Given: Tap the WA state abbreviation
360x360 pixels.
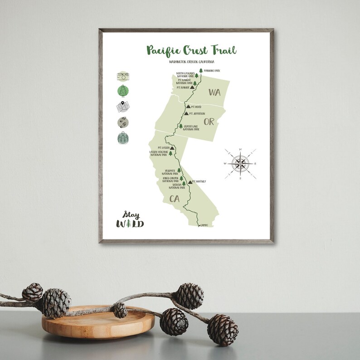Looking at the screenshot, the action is (x=214, y=92).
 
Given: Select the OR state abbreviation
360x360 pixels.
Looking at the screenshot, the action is (x=209, y=122).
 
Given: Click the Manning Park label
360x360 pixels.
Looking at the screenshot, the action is (x=212, y=71).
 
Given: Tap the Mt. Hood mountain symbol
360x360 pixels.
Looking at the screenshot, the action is (x=188, y=107).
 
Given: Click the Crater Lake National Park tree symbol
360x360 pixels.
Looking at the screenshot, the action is (x=180, y=126).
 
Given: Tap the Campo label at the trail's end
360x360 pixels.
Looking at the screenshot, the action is (x=204, y=225).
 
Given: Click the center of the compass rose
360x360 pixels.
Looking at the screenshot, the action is (x=240, y=164).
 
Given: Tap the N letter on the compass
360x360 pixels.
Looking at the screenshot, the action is (x=240, y=149).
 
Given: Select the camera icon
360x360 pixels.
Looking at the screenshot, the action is (x=122, y=76).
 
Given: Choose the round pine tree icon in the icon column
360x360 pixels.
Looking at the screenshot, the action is (x=122, y=91).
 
